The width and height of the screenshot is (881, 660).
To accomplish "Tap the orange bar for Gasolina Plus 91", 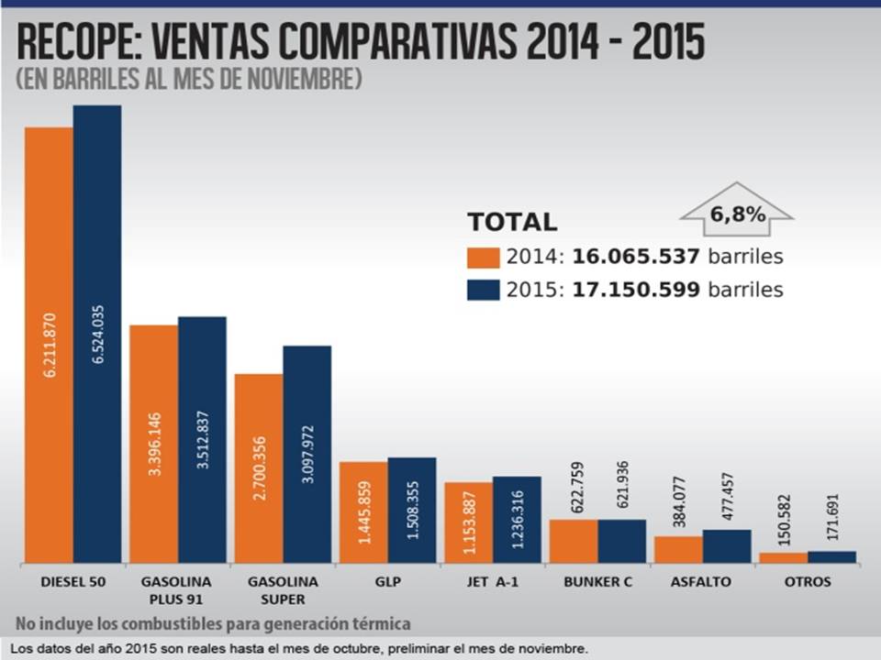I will coord(153,444).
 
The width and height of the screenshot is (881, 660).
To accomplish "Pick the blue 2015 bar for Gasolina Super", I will coord(307,454).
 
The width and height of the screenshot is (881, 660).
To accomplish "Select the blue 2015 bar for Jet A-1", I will coord(517,519).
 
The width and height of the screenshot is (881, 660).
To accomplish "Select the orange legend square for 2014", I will coord(483,257).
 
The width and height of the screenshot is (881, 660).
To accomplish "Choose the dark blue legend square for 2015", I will coord(483,290).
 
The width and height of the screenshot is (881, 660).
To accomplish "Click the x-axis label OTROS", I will coord(808,582).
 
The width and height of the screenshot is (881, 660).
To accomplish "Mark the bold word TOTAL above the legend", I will coord(512,222).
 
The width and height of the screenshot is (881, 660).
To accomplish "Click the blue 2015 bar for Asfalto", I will coord(727,546).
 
